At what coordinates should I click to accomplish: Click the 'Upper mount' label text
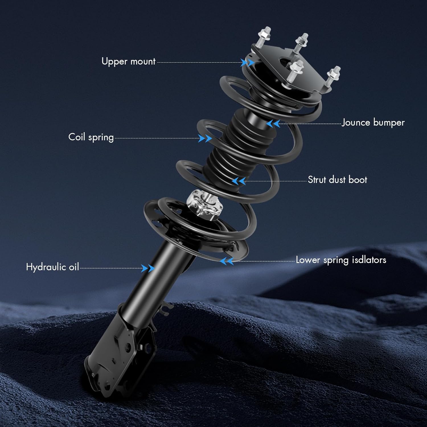128,61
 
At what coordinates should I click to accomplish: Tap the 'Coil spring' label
91,137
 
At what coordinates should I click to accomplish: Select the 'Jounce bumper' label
373,122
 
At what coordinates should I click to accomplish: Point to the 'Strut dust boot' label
337,180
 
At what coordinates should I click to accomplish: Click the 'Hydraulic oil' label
52,267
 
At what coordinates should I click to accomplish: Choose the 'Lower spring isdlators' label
341,260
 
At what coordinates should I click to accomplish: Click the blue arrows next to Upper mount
247,62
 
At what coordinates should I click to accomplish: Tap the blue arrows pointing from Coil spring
205,139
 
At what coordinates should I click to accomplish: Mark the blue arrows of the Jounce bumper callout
273,124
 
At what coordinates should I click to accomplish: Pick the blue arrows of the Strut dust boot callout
239,181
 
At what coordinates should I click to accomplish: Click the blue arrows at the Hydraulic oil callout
148,268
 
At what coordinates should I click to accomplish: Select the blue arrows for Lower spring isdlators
227,261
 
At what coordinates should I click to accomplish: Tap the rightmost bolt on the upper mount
333,75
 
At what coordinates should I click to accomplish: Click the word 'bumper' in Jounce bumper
389,123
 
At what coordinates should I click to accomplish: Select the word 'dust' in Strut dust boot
337,180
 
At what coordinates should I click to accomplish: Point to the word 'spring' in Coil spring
101,137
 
